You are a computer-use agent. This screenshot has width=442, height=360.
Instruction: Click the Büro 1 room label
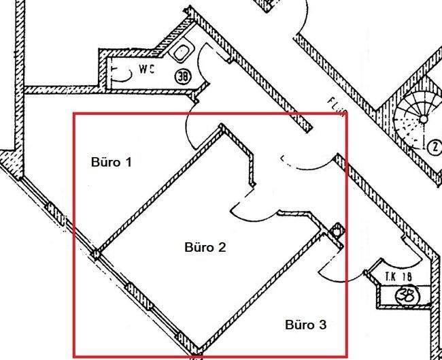(111, 162)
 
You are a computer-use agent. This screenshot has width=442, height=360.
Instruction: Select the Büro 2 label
(205, 246)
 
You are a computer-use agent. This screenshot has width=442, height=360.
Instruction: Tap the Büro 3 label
(305, 325)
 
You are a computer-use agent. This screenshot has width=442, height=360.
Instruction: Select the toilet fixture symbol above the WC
(183, 51)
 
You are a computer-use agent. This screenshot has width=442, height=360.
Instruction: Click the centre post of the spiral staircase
(423, 118)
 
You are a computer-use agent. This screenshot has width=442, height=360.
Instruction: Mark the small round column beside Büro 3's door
(337, 231)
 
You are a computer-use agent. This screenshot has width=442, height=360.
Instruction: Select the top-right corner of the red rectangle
(347, 113)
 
